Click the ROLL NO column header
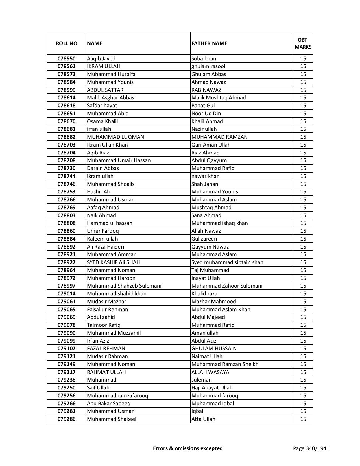[66, 43]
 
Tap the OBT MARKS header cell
[303, 43]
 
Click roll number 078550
[67, 59]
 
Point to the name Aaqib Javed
[101, 59]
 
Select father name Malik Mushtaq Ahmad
[219, 98]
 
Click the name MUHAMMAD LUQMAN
[115, 137]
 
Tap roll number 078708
[67, 160]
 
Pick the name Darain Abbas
[103, 168]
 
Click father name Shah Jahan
[205, 184]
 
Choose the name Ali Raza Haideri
[105, 247]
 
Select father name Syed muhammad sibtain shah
[227, 262]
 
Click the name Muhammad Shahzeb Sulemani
[124, 286]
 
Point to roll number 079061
[67, 302]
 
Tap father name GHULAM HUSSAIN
[214, 349]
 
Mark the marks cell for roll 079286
[303, 419]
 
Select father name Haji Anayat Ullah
[212, 388]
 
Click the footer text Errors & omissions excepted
[188, 448]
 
